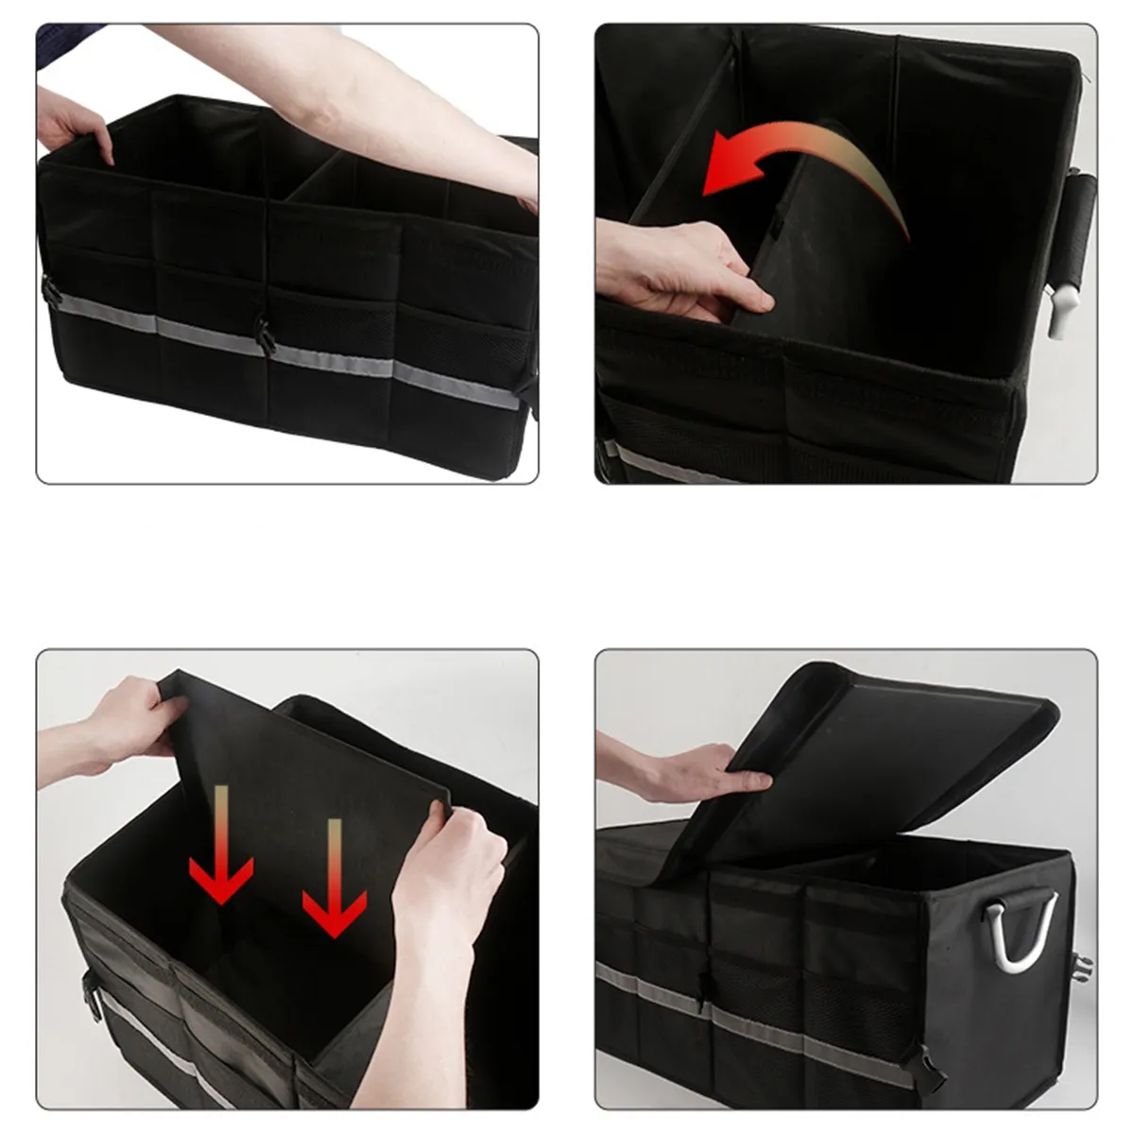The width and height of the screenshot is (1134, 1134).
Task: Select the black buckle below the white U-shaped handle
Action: pos(1082,969)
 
